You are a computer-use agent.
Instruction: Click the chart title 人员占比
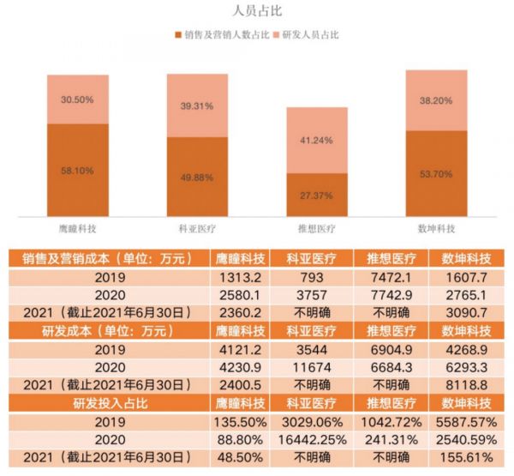258,11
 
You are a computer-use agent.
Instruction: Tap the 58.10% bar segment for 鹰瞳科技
78,170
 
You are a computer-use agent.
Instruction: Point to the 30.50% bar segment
78,99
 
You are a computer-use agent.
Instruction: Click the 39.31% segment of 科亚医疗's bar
197,105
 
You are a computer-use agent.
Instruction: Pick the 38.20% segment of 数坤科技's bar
437,99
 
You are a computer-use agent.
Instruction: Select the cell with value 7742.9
389,295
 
